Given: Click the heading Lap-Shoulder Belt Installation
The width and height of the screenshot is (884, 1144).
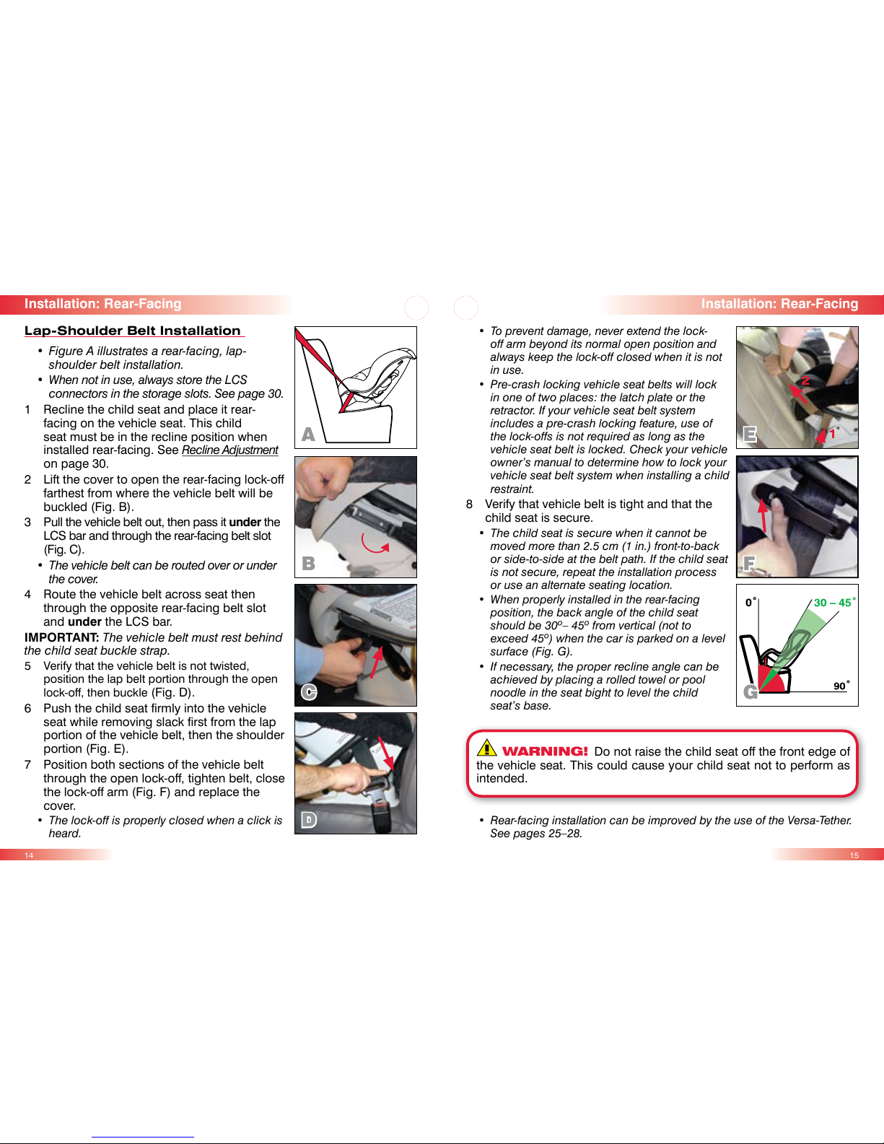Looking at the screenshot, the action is (133, 331).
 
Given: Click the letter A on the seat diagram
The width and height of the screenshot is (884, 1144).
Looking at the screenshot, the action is (308, 435).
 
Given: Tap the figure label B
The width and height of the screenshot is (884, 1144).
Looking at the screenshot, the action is (308, 563).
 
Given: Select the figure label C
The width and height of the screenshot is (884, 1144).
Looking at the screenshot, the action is (309, 691).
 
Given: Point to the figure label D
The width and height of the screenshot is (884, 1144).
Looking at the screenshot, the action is (309, 820).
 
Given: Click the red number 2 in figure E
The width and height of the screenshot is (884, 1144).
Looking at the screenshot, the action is (805, 380).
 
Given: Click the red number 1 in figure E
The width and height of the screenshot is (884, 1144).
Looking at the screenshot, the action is (833, 434).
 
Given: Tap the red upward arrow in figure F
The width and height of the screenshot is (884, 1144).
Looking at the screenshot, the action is (763, 515).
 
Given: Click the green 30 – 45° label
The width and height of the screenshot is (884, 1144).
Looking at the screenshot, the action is (834, 602).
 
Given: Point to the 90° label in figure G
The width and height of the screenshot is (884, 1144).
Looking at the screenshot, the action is (841, 686).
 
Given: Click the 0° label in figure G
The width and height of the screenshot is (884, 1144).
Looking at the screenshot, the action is (751, 602).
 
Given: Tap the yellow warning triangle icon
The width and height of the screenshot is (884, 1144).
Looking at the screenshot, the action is (486, 748).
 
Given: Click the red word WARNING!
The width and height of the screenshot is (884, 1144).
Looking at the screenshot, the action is (545, 751).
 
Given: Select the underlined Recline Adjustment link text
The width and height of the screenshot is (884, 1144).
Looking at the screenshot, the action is (230, 450).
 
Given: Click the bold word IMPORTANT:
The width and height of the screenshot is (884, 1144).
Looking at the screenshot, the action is (61, 637).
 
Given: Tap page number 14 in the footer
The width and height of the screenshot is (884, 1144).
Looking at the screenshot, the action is (29, 855).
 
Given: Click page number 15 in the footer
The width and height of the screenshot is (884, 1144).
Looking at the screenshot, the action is (854, 855).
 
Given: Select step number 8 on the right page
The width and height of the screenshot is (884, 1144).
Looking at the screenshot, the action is (469, 505).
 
